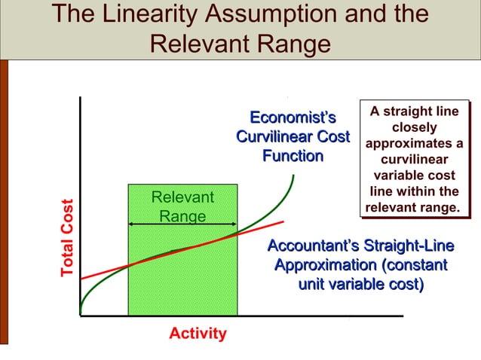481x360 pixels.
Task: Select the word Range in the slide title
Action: pyautogui.click(x=294, y=44)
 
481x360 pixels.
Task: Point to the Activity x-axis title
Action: pyautogui.click(x=198, y=333)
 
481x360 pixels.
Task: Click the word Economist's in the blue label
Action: pyautogui.click(x=293, y=118)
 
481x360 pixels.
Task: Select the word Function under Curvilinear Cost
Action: pyautogui.click(x=293, y=157)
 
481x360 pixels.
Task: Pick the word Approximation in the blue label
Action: pyautogui.click(x=325, y=266)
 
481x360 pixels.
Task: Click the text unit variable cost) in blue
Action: pyautogui.click(x=361, y=285)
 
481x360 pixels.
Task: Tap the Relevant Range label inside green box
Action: pyautogui.click(x=182, y=206)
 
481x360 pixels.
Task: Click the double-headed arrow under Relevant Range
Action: pyautogui.click(x=182, y=224)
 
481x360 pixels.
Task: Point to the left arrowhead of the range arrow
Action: pyautogui.click(x=131, y=224)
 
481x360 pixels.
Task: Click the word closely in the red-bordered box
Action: pyautogui.click(x=414, y=128)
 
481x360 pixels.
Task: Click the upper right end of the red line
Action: pyautogui.click(x=283, y=221)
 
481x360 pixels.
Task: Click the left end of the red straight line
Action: pyautogui.click(x=81, y=278)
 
